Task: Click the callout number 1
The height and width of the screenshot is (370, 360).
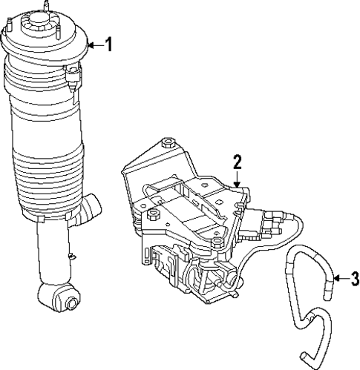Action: point(108,45)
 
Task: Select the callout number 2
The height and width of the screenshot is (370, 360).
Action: point(238,162)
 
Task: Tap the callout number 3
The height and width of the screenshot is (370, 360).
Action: point(354,279)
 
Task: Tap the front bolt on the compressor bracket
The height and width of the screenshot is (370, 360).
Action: point(216,244)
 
